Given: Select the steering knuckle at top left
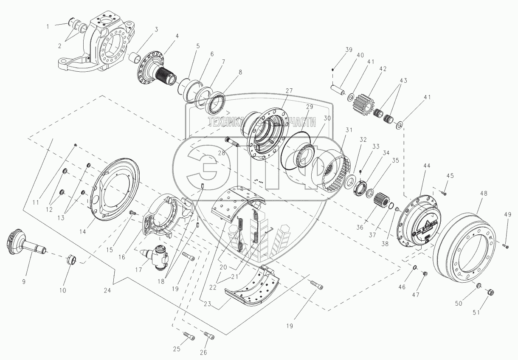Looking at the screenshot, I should pyautogui.click(x=102, y=45).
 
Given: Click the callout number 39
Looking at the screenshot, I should pyautogui.click(x=348, y=50).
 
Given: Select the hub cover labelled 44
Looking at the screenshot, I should pyautogui.click(x=416, y=221).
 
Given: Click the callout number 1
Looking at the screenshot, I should pyautogui.click(x=48, y=26).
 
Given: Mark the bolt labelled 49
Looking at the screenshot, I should pyautogui.click(x=505, y=245).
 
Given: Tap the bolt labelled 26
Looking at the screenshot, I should pyautogui.click(x=208, y=336).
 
